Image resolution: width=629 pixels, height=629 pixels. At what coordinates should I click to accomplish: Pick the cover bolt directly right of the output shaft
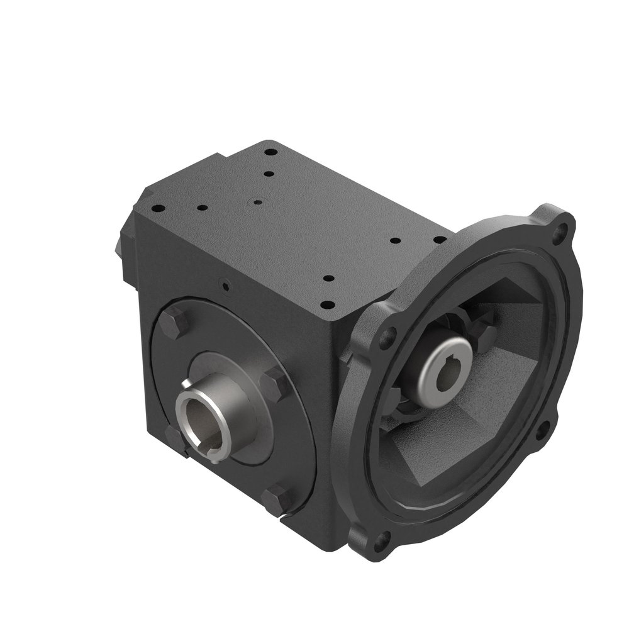274,384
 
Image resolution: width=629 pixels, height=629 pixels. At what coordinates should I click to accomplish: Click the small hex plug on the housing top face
257,203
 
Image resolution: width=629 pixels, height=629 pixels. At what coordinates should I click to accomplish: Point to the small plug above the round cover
225,285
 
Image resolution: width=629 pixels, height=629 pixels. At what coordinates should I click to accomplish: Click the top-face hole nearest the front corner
327,304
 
